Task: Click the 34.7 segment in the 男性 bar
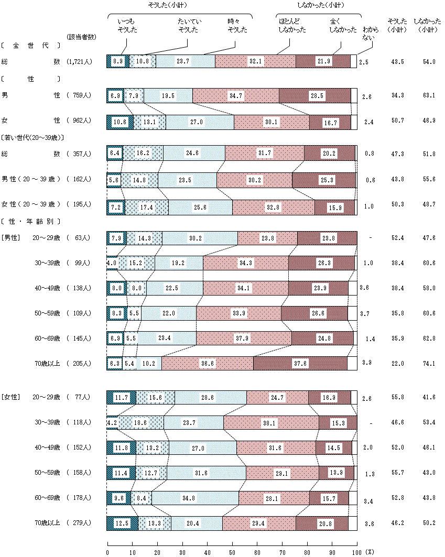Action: [x=236, y=96]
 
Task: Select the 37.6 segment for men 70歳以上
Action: [x=300, y=364]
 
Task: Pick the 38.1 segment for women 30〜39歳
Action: [x=271, y=422]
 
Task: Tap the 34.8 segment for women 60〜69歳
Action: [x=195, y=498]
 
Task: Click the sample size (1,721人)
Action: [x=80, y=62]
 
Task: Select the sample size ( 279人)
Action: [x=80, y=523]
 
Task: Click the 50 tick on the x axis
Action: [x=232, y=552]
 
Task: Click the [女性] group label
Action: [x=11, y=397]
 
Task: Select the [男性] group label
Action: [x=11, y=238]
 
